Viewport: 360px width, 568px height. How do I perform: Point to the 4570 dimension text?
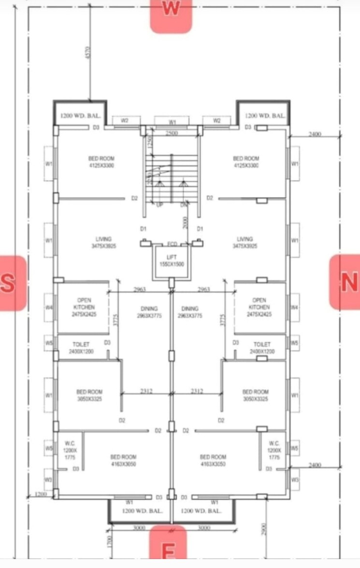(87, 53)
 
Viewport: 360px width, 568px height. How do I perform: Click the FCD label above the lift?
(172, 244)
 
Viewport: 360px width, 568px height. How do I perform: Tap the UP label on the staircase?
(159, 205)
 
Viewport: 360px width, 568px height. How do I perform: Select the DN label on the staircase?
(183, 205)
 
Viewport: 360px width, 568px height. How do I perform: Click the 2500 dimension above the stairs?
(172, 133)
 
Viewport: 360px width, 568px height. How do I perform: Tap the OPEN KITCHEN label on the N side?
(259, 307)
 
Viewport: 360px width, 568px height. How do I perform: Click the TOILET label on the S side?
(81, 348)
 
